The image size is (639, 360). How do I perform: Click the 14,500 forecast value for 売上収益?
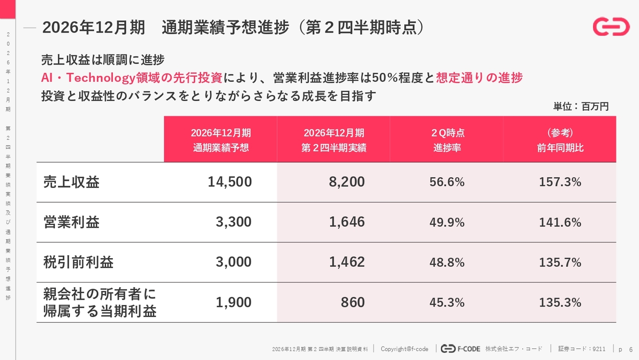pyautogui.click(x=230, y=182)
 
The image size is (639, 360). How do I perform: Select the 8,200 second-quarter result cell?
pyautogui.click(x=346, y=182)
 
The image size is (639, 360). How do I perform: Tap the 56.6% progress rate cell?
pyautogui.click(x=447, y=182)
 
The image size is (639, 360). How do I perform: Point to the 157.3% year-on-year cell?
pyautogui.click(x=560, y=182)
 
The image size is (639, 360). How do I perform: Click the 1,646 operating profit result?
pyautogui.click(x=346, y=222)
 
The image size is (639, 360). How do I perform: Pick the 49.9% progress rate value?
pyautogui.click(x=447, y=222)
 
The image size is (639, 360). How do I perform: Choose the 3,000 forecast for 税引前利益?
pyautogui.click(x=233, y=262)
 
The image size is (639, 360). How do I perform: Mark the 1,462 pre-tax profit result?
pyautogui.click(x=346, y=262)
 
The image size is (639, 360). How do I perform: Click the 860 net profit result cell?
pyautogui.click(x=352, y=303)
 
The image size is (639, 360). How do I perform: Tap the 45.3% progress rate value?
pyautogui.click(x=447, y=303)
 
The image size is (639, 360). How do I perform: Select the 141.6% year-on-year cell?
pyautogui.click(x=560, y=222)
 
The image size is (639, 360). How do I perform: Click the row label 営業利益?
pyautogui.click(x=71, y=222)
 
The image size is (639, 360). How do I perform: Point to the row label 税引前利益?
pyautogui.click(x=78, y=262)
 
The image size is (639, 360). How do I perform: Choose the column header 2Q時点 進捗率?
pyautogui.click(x=447, y=140)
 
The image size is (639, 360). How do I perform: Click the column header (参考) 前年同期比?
pyautogui.click(x=560, y=140)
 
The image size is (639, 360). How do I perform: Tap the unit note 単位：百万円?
pyautogui.click(x=581, y=106)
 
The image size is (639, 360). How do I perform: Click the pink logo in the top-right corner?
pyautogui.click(x=611, y=26)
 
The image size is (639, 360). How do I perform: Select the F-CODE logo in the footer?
pyautogui.click(x=460, y=349)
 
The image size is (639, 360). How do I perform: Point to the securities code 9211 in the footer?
pyautogui.click(x=599, y=349)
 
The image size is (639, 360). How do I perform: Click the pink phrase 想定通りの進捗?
pyautogui.click(x=479, y=77)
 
